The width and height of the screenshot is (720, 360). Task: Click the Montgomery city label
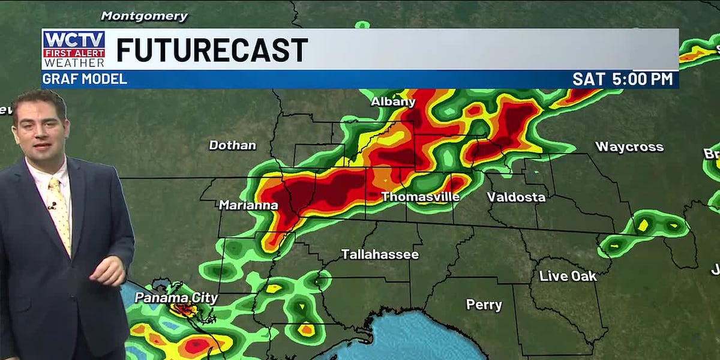pos(144,16)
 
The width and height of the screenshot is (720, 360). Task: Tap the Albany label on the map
pos(393,101)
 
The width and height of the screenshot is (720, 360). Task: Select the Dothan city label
pos(232,145)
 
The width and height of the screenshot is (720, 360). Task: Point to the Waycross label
pos(629,146)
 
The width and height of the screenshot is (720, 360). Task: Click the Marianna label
pos(248,205)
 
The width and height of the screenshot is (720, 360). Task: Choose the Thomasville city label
pos(420,197)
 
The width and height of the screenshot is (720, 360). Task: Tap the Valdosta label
pos(516,197)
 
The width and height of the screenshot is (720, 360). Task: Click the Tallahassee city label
pos(380,254)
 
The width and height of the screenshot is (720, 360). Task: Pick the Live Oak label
pos(568,276)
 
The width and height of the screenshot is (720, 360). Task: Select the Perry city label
pos(484,305)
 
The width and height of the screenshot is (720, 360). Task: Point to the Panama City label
pos(176,298)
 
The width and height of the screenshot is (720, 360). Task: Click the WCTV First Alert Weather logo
pos(74,49)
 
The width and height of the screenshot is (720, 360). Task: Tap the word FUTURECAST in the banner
pos(212,50)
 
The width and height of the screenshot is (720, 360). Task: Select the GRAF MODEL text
pos(85,79)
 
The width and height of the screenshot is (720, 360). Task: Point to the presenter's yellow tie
pos(59,210)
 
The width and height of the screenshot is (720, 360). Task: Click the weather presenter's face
pos(41,131)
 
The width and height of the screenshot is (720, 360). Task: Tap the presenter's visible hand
pos(108,270)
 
